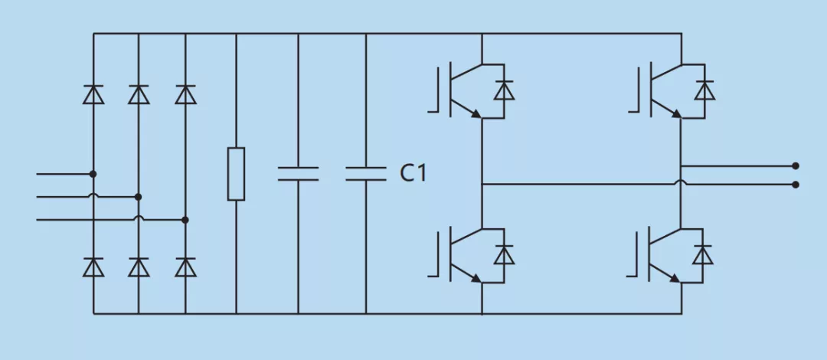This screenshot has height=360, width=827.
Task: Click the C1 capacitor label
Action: [x=413, y=173]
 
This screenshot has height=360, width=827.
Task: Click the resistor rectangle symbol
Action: [x=236, y=174]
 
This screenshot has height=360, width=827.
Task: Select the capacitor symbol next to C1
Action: [x=366, y=173]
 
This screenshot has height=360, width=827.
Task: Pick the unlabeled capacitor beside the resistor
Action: [x=298, y=173]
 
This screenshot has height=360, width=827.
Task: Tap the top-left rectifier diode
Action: [x=93, y=94]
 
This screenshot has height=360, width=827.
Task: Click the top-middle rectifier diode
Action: [x=139, y=94]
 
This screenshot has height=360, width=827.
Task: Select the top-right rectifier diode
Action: [x=185, y=94]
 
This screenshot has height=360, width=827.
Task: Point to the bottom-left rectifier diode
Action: [x=93, y=267]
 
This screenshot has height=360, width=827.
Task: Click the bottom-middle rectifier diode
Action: [x=139, y=267]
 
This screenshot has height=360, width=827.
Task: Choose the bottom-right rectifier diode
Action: [x=185, y=267]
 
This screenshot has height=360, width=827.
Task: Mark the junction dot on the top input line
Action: [x=93, y=174]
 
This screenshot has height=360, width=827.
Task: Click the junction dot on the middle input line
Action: [x=139, y=197]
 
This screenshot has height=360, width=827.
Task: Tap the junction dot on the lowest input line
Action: [x=185, y=220]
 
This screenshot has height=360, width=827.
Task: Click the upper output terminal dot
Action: [x=796, y=165]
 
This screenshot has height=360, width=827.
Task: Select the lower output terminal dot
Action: [x=796, y=185]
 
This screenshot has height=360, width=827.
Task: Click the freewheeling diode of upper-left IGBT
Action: [x=504, y=91]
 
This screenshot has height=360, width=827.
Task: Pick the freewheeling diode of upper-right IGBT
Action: [x=704, y=91]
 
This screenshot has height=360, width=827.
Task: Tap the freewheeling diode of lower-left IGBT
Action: [x=504, y=255]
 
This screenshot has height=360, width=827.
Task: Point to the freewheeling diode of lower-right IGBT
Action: [x=703, y=255]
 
